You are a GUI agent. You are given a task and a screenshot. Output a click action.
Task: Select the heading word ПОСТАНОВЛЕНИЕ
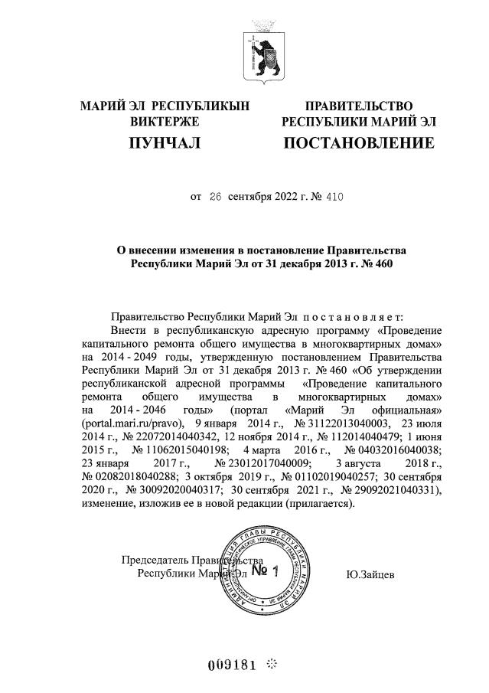click(359, 142)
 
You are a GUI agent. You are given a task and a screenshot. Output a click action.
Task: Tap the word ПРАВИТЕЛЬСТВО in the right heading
click(359, 106)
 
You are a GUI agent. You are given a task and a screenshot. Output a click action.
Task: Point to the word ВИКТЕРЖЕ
click(165, 122)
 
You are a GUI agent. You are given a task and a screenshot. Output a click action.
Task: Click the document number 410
click(334, 197)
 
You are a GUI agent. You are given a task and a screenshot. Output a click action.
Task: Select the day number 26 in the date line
click(214, 197)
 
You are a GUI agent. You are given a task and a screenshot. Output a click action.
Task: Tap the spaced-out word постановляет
click(358, 316)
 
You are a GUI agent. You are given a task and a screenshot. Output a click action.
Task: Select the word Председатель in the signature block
click(156, 560)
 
